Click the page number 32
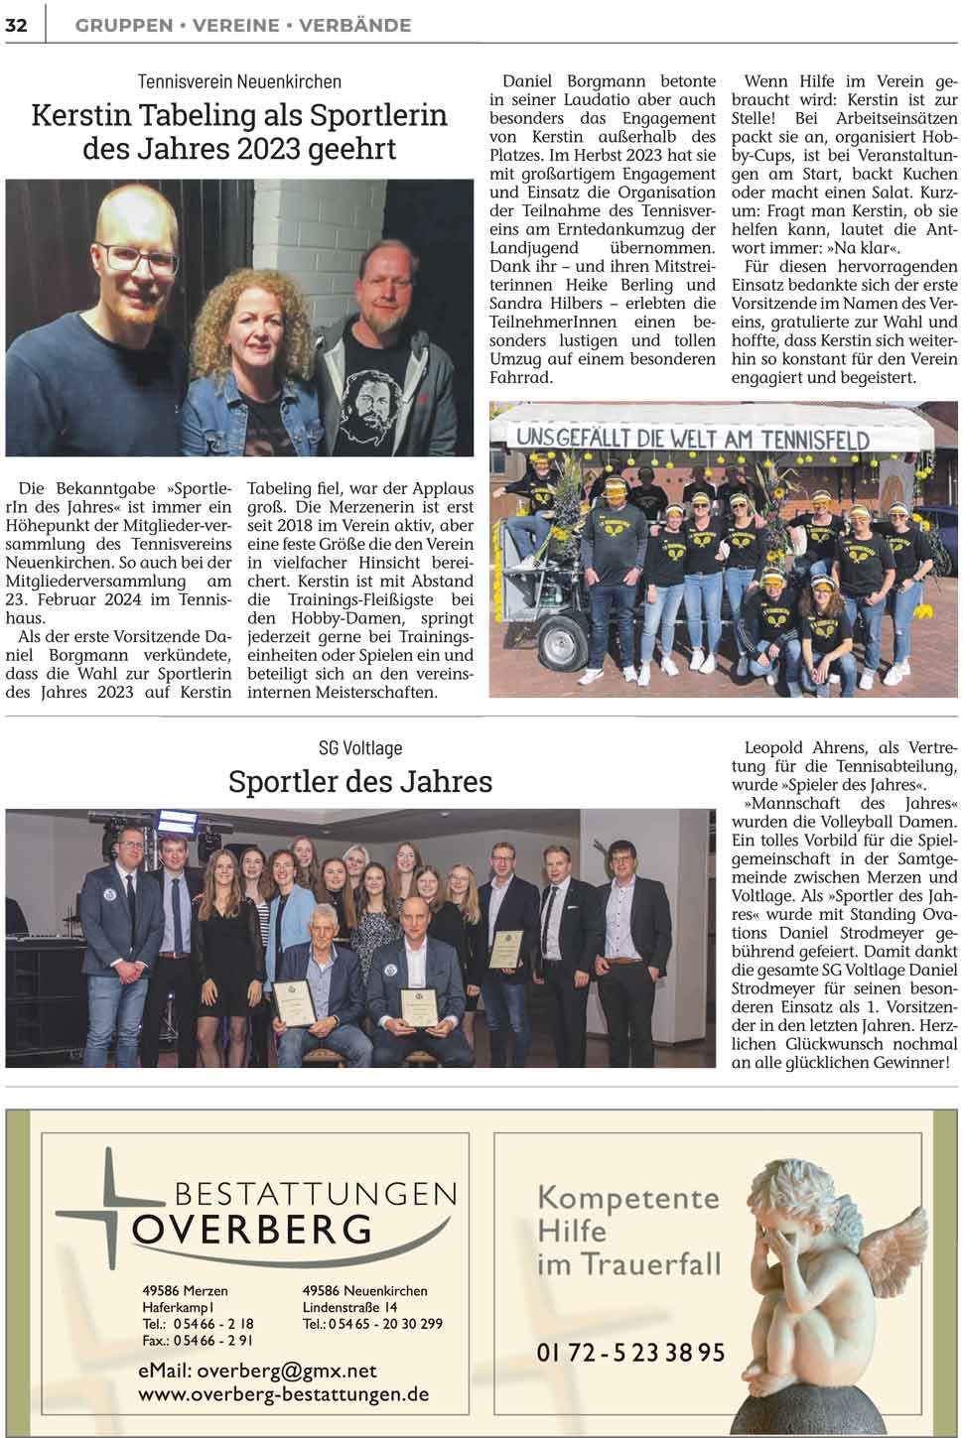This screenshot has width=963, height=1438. coord(17,25)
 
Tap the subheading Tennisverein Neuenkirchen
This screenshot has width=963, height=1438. coord(239,81)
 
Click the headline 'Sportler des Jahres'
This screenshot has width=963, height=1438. coord(359,781)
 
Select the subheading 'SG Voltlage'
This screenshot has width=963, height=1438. coord(359,747)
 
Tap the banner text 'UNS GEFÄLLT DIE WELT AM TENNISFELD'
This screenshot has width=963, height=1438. coord(692,437)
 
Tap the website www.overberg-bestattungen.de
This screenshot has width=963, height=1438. coord(283,1393)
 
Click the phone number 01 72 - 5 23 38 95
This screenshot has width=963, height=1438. coord(630,1352)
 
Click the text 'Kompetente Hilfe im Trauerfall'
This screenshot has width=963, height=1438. coord(627,1231)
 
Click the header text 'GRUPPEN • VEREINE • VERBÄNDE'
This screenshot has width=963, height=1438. coord(243,25)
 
